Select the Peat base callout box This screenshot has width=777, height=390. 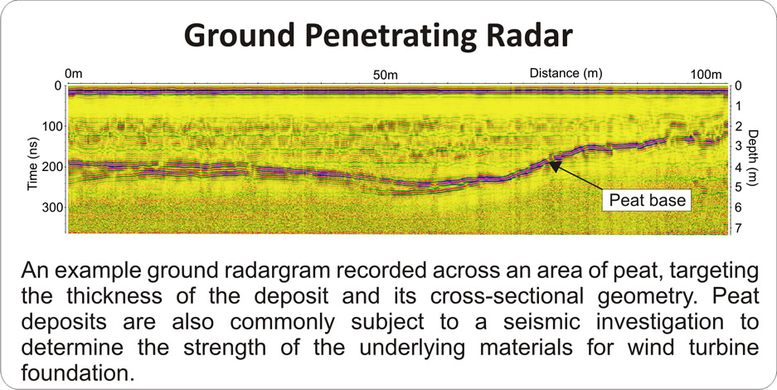pos(647,200)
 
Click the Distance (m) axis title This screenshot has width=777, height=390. pos(566,73)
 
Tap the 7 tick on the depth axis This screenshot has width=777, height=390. pos(738,228)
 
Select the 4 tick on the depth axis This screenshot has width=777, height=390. pos(738,167)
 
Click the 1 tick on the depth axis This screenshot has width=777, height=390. pos(738,106)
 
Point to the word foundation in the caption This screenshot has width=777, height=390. pos(78,372)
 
